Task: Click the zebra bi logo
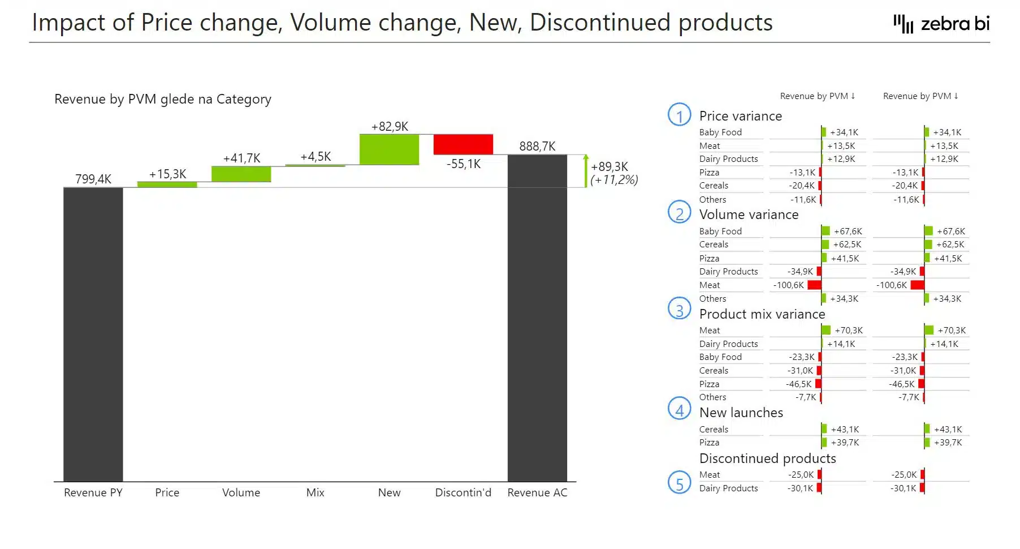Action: click(941, 24)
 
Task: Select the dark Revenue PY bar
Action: click(93, 334)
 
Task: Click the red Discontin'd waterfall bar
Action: click(463, 144)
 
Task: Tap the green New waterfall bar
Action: click(389, 149)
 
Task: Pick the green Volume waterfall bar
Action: click(241, 174)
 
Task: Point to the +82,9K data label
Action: click(390, 127)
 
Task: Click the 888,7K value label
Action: click(537, 147)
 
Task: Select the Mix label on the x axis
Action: click(315, 492)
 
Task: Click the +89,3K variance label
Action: click(610, 167)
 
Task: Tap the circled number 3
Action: click(679, 309)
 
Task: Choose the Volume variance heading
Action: click(749, 215)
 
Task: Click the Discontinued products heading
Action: click(767, 458)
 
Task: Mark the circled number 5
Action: click(679, 483)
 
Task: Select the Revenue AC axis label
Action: click(537, 492)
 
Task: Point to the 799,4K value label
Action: click(93, 179)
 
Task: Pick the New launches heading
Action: click(741, 413)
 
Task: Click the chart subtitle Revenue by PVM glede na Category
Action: click(163, 99)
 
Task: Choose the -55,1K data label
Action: click(463, 164)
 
